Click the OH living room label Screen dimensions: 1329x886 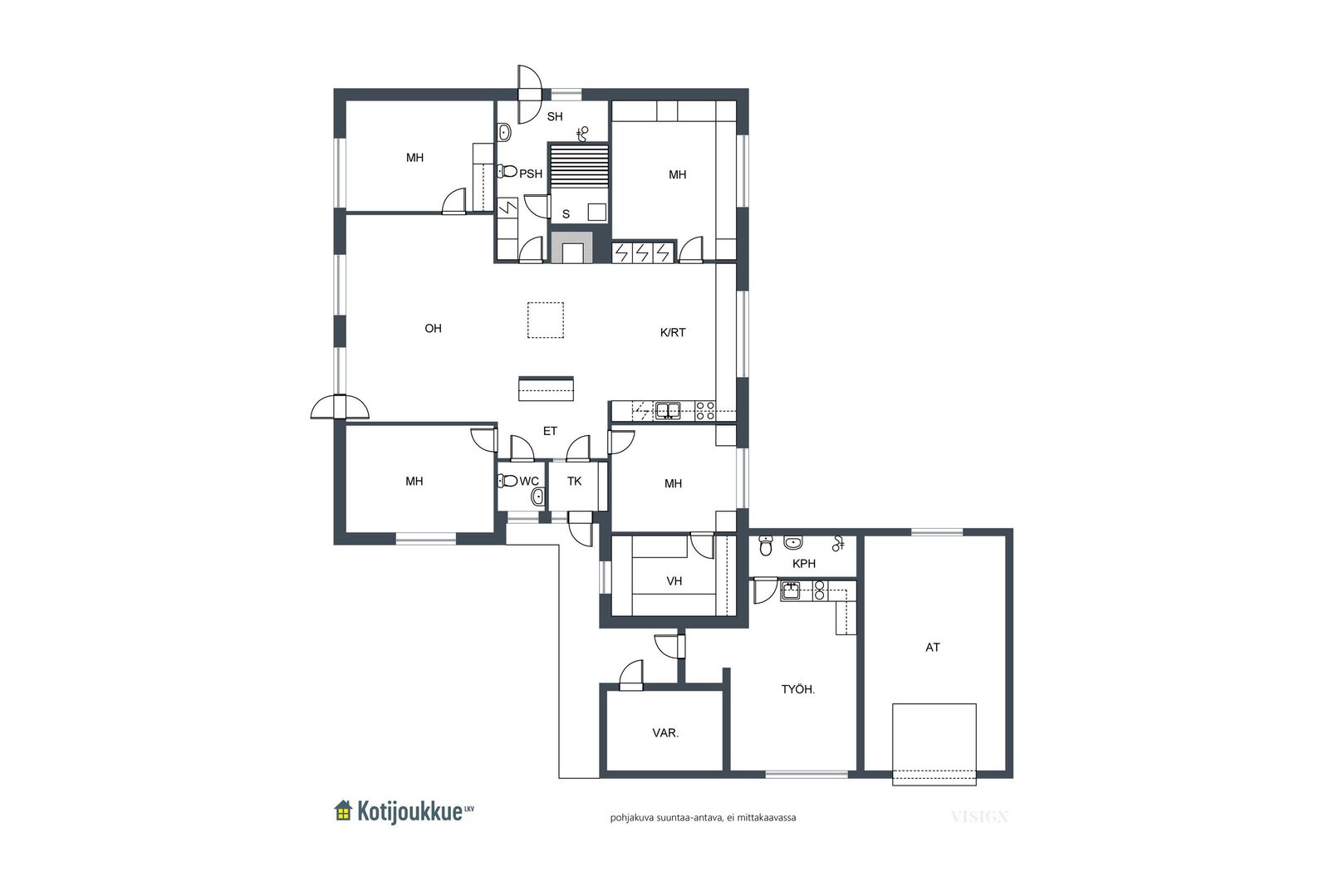(x=433, y=329)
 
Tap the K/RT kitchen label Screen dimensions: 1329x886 (x=673, y=333)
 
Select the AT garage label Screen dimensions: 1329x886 (x=933, y=648)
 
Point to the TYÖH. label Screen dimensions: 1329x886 (x=798, y=690)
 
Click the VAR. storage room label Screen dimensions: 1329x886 (x=665, y=733)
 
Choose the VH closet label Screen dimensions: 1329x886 (x=674, y=581)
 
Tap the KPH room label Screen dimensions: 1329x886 (x=804, y=563)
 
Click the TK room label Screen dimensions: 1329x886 (x=574, y=481)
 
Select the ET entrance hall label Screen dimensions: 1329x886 (x=550, y=431)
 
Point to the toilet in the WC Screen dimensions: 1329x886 (x=508, y=480)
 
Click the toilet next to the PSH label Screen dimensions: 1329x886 (x=508, y=172)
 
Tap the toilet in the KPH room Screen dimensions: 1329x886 (x=766, y=545)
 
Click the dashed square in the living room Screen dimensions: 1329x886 (x=545, y=321)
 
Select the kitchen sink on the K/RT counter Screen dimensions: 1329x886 (x=668, y=410)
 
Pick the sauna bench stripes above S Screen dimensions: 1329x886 (x=578, y=166)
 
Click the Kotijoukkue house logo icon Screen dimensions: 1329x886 (x=343, y=810)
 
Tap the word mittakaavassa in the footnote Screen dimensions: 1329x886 (x=767, y=818)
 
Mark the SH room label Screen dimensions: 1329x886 (x=555, y=117)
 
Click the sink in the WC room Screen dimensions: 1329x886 (x=538, y=497)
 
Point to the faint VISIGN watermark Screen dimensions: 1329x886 (x=979, y=817)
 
